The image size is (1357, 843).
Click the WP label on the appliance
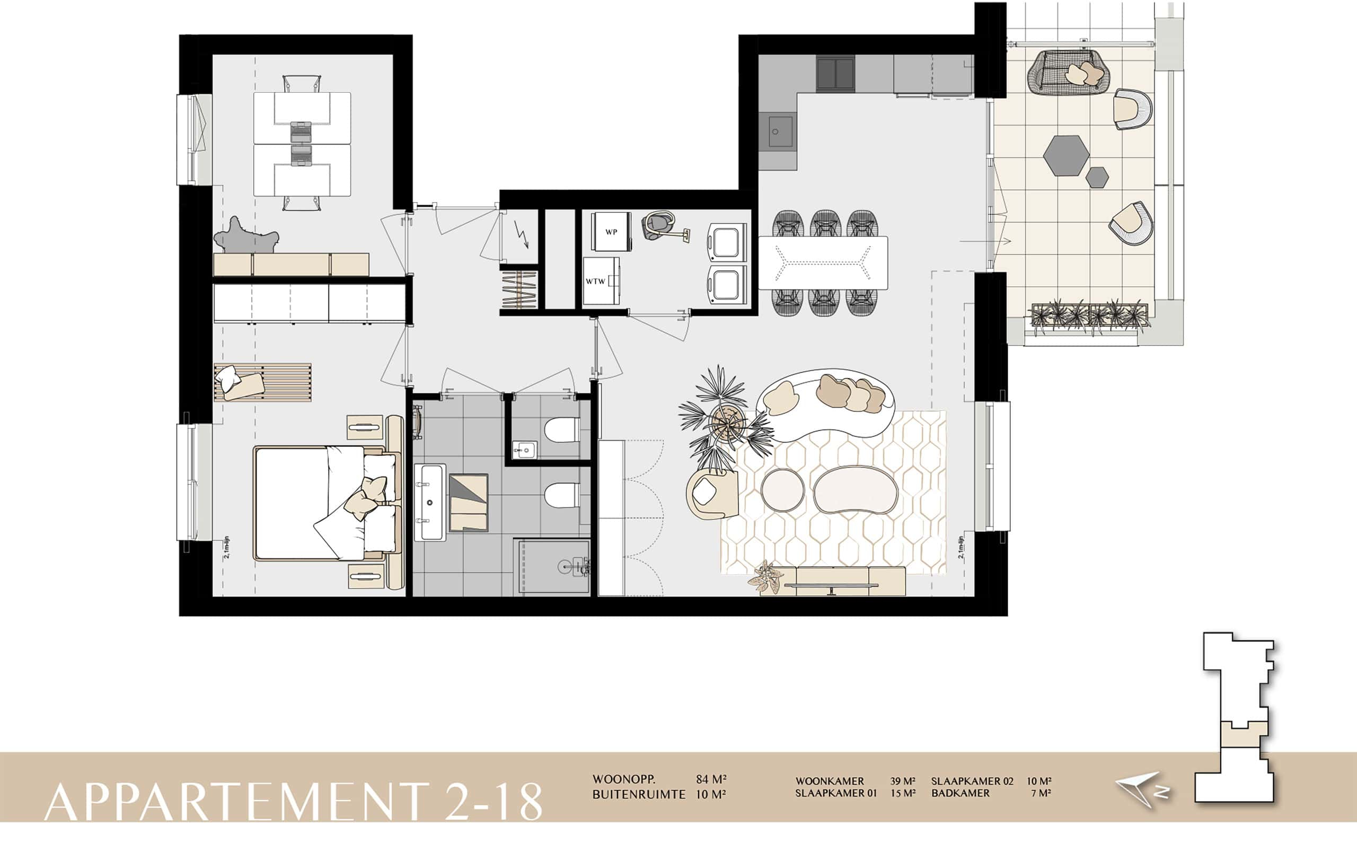(x=611, y=232)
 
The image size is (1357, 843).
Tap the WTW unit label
(x=595, y=281)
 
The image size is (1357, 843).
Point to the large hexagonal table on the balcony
(x=1065, y=155)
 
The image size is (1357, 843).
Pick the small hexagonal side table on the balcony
(x=1097, y=177)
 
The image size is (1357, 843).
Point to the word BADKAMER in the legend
(x=960, y=793)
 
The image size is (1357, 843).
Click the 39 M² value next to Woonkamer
(x=902, y=781)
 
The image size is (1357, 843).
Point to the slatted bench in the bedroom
(x=262, y=382)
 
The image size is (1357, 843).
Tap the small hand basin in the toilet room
(x=524, y=450)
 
